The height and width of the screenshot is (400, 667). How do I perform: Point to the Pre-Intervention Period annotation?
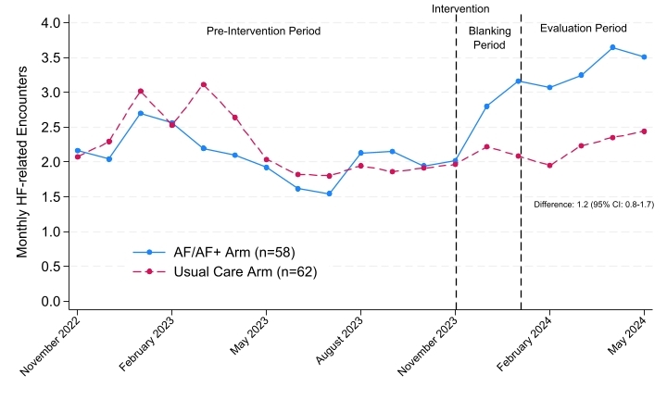[x=263, y=31]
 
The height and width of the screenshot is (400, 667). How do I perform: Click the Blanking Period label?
[x=490, y=37]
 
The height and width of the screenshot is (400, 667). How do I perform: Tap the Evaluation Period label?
[x=584, y=29]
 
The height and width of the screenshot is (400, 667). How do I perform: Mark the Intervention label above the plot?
[x=460, y=8]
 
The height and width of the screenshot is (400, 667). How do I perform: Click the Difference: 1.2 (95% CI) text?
[x=594, y=205]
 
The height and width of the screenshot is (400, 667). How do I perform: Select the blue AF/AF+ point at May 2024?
[x=644, y=57]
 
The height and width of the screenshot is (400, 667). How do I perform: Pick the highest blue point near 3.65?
[x=612, y=47]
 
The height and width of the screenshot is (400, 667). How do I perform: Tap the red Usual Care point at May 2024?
[x=644, y=131]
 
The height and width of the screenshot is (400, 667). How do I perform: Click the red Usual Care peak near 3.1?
[x=203, y=84]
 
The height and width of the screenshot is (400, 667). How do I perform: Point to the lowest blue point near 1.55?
[x=329, y=194]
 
